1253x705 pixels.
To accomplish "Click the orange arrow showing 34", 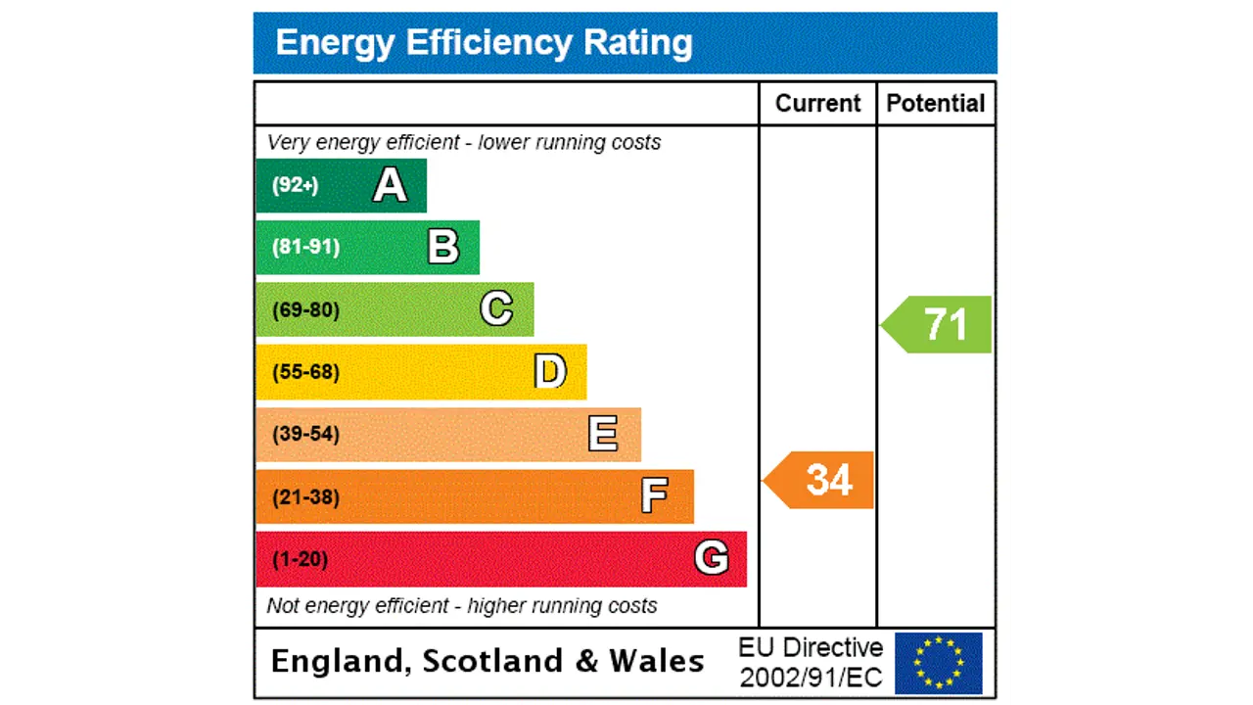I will (820, 480).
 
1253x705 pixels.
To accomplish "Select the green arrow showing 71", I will (939, 324).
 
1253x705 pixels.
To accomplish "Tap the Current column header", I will (817, 104).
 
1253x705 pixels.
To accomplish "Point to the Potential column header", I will (936, 104).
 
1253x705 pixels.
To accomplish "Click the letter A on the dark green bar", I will (390, 185).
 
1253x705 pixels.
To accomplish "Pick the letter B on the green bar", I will (443, 247).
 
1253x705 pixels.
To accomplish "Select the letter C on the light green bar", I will (496, 309).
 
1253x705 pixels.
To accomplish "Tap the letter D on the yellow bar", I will (550, 372).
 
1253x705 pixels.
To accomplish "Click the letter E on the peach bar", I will (603, 434).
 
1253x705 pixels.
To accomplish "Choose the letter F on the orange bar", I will (655, 496).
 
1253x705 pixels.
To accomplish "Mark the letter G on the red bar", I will (712, 558).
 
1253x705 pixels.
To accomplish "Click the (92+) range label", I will (296, 185).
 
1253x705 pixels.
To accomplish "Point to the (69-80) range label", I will (305, 310).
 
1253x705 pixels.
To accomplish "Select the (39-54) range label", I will (305, 434).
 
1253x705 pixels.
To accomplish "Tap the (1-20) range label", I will (300, 559).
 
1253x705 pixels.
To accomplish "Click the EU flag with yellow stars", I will (938, 663).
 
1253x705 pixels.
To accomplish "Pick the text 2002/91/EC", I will (811, 678).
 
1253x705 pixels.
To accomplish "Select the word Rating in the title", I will (638, 42).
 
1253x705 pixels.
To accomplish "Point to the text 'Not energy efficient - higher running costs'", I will (462, 606).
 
